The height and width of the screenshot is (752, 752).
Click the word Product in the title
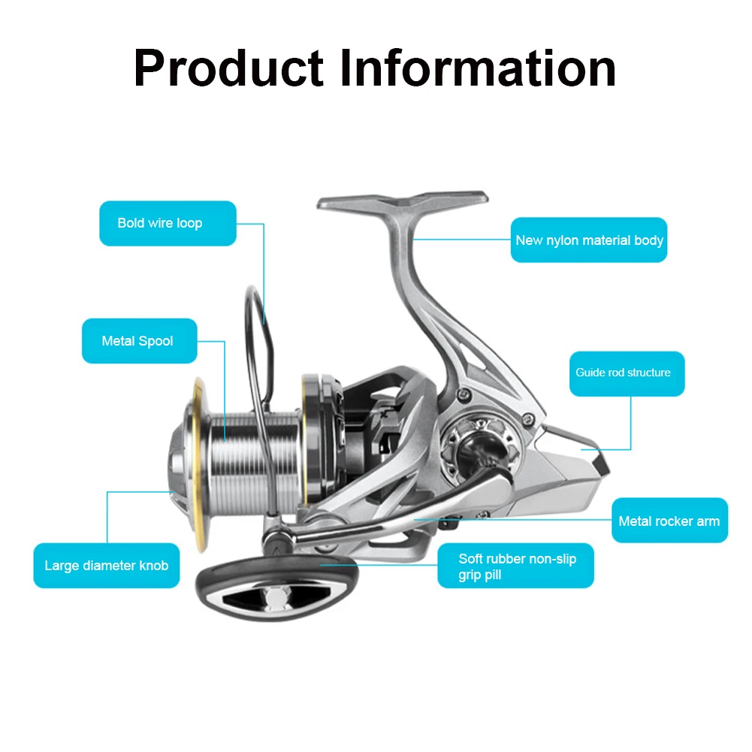228,68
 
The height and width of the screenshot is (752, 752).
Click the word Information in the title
478,68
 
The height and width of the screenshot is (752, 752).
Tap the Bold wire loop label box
168,223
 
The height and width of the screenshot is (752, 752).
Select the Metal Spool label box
140,341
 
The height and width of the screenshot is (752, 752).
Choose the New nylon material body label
589,240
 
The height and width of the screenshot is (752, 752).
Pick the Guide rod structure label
627,373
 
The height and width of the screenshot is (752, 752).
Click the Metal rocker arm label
669,521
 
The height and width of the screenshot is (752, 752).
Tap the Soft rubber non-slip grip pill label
515,566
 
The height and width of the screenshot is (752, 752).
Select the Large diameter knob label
107,566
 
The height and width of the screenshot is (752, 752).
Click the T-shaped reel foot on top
402,201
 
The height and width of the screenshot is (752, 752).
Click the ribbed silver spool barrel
254,461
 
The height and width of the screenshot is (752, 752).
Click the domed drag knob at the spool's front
180,461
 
